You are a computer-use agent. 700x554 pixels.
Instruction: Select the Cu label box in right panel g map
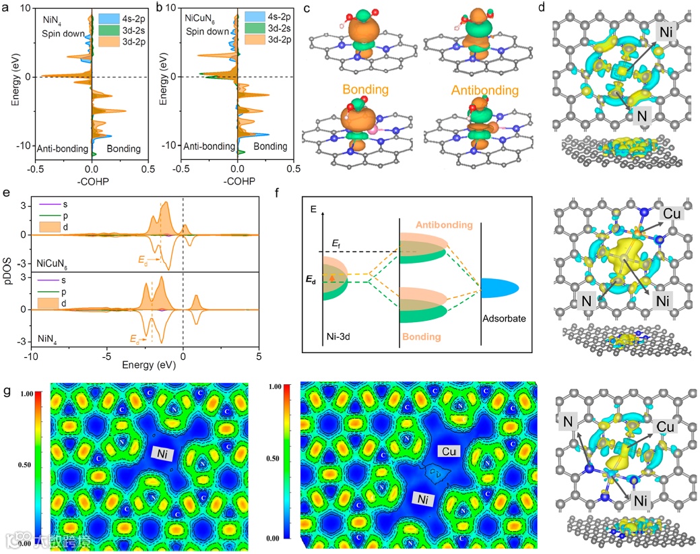pos(449,450)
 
